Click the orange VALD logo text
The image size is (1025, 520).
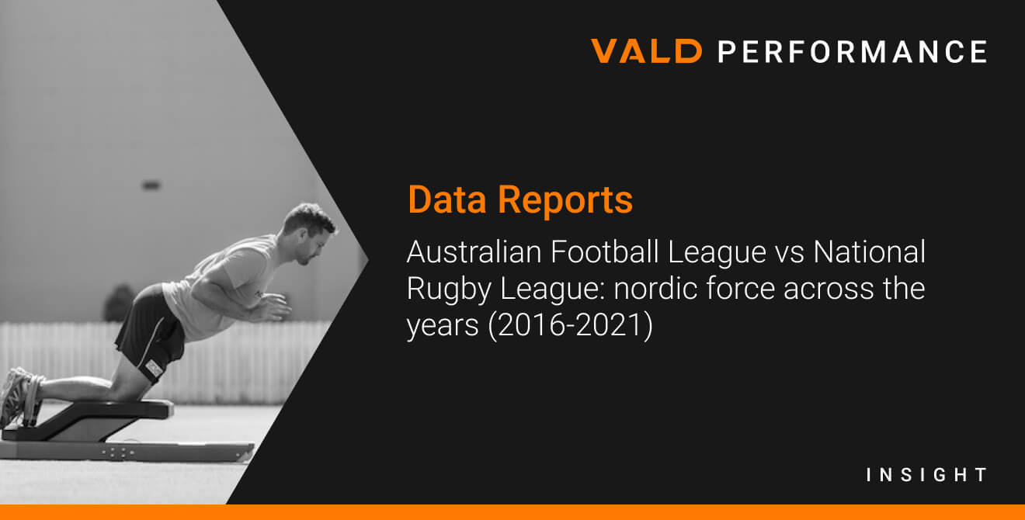[x=646, y=50]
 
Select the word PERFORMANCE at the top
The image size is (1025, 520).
[x=853, y=51]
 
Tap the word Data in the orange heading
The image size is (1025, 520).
[x=446, y=200]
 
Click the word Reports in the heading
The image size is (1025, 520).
[x=565, y=201]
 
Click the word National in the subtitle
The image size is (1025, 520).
[x=869, y=251]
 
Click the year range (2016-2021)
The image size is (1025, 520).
[x=571, y=326]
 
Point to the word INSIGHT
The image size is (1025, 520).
[x=926, y=475]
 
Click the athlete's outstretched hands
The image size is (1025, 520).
[x=270, y=307]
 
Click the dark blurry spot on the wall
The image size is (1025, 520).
[x=151, y=185]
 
